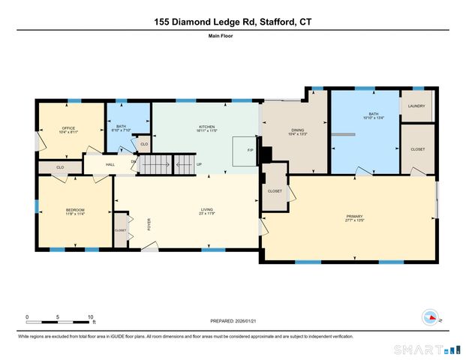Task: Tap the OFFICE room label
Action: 68,128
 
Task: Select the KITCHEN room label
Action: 206,127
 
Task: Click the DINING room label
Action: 298,130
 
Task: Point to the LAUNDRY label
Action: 416,106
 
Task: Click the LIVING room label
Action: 206,209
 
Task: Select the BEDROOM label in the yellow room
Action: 75,209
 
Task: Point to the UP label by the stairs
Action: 199,164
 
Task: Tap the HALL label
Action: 110,164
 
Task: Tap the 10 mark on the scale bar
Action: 90,316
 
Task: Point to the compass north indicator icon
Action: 430,317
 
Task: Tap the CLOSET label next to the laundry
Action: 417,149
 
